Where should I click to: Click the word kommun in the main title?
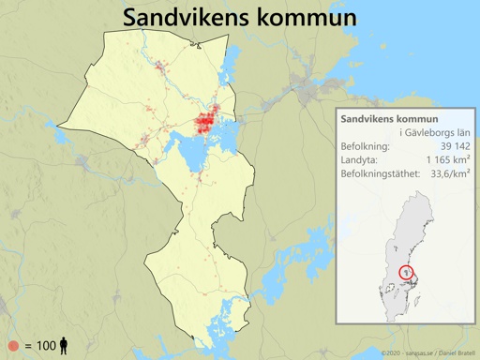[x=309, y=18]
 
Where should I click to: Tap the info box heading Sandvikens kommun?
[x=390, y=120]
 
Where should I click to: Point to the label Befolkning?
[x=368, y=147]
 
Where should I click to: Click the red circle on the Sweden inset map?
[x=407, y=272]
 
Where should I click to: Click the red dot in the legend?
[x=12, y=346]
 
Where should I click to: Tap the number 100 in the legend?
[x=46, y=346]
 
